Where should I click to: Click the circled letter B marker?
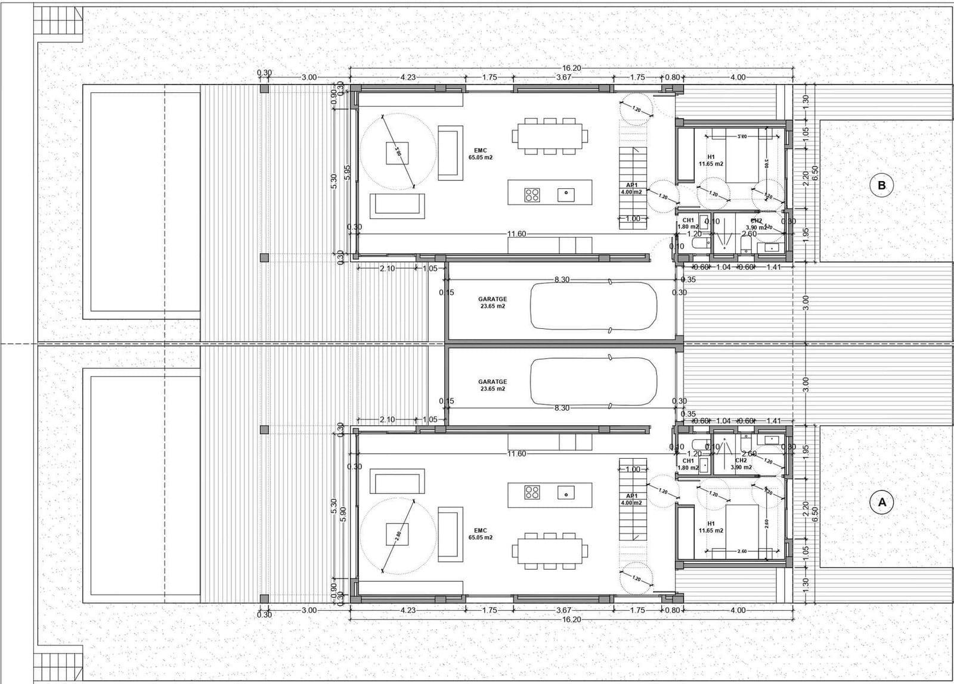click(882, 185)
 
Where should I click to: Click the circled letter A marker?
click(882, 502)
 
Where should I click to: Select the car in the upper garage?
click(594, 305)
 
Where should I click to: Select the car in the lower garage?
click(594, 382)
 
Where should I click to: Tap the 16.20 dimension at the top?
click(571, 69)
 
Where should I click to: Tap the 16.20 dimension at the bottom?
click(571, 620)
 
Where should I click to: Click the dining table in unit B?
click(549, 136)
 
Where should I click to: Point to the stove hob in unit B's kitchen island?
click(532, 194)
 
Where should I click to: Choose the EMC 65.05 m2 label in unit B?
click(481, 154)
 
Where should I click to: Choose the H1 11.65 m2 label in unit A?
click(711, 527)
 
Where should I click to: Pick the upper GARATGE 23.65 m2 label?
click(493, 303)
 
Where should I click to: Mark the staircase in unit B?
click(633, 188)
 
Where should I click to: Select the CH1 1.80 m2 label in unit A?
click(688, 464)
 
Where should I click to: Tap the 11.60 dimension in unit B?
click(516, 234)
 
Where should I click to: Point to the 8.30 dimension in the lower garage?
click(562, 408)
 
